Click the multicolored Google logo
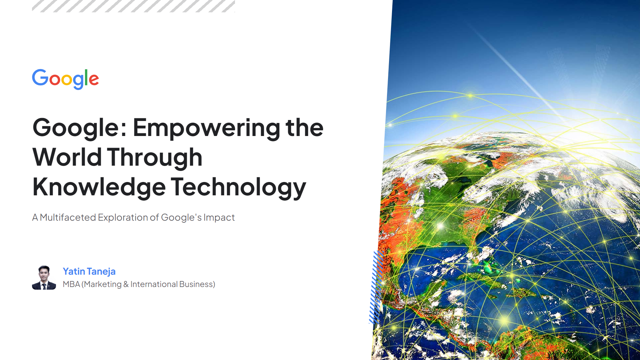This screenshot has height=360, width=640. [65, 79]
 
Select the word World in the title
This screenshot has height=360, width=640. [67, 157]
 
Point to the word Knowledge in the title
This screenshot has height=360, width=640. [99, 187]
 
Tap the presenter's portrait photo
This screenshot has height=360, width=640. [44, 278]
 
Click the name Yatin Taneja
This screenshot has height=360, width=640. [89, 272]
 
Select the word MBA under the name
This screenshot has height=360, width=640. [71, 284]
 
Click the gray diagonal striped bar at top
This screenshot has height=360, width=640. [133, 6]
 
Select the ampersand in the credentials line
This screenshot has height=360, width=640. [126, 284]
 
